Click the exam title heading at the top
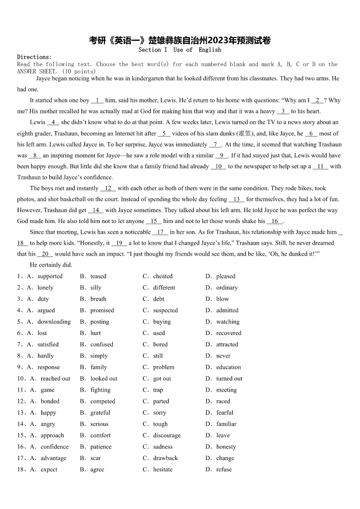(x=180, y=40)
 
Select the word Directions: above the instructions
(x=34, y=57)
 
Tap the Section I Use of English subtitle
(x=180, y=50)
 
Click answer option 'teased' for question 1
(x=98, y=276)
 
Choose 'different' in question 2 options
(x=164, y=287)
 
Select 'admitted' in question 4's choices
(x=227, y=310)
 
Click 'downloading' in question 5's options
(x=54, y=321)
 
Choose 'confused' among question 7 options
(x=102, y=344)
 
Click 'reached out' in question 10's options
(x=55, y=378)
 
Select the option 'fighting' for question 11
(x=100, y=390)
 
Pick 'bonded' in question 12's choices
(x=50, y=401)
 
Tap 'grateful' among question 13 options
(x=100, y=412)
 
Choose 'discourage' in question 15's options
(x=166, y=435)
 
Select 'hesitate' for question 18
(x=163, y=469)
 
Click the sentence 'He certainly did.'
(x=51, y=265)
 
